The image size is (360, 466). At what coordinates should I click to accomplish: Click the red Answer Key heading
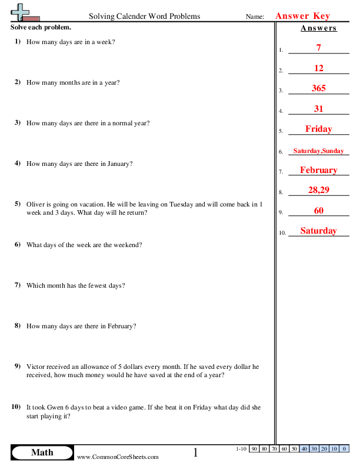pos(302,16)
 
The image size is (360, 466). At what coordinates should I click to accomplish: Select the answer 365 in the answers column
pos(318,88)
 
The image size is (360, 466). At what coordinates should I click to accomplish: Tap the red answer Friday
pos(318,129)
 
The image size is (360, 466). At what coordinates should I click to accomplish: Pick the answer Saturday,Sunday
pos(318,151)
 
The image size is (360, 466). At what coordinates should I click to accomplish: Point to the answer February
pos(318,170)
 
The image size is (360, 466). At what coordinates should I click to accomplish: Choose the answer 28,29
pos(318,191)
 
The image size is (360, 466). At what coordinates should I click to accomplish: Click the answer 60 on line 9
pos(318,211)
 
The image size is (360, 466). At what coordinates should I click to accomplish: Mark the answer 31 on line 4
pos(318,109)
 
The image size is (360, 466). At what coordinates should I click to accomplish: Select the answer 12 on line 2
pos(318,68)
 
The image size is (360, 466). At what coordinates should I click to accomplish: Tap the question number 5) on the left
pos(18,204)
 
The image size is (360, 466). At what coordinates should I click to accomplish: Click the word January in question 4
pos(119,164)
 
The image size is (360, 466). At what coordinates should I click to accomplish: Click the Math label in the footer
pos(42,452)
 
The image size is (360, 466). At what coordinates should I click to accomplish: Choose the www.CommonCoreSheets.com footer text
pos(118,457)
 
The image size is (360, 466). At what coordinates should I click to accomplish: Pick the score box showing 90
pos(254,449)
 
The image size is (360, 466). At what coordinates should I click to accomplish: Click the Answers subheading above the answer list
pos(318,28)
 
